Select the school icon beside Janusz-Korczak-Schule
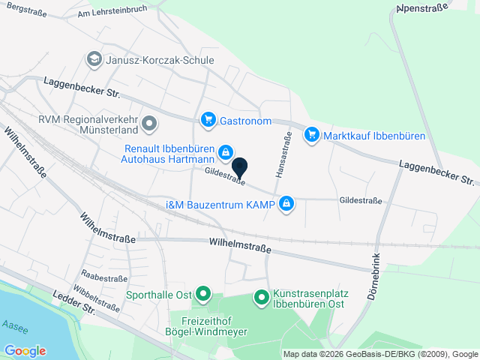point(94,58)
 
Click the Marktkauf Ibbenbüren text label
point(374,136)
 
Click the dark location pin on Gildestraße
point(240,167)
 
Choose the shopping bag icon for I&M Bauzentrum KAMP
point(286,204)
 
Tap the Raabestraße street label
point(104,278)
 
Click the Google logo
point(25,351)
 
